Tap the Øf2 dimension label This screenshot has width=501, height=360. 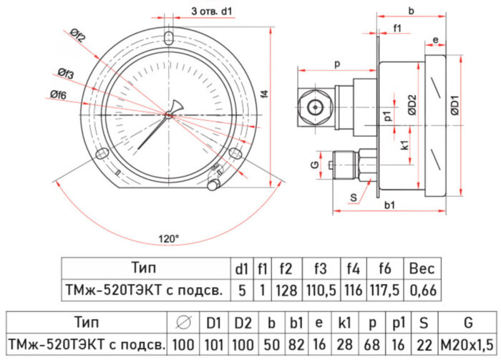pyautogui.click(x=79, y=34)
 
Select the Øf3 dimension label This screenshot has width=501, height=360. pyautogui.click(x=66, y=74)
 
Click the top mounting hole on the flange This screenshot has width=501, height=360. pyautogui.click(x=169, y=37)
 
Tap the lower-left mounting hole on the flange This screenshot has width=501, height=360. pyautogui.click(x=103, y=152)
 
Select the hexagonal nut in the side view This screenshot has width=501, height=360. pyautogui.click(x=314, y=107)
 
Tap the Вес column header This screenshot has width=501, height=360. pyautogui.click(x=422, y=269)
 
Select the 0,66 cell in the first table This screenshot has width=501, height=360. pyautogui.click(x=422, y=290)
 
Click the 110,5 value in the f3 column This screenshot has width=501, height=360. pyautogui.click(x=320, y=290)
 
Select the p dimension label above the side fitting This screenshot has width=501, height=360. pyautogui.click(x=336, y=64)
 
